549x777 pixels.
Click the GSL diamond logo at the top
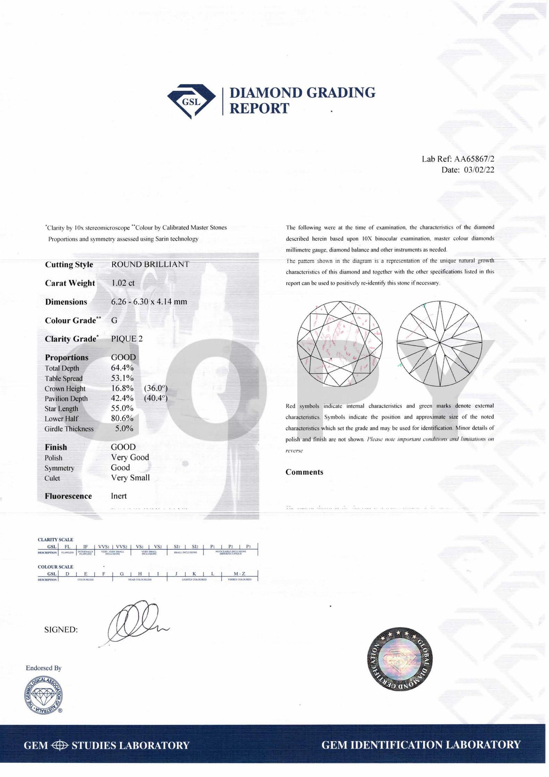191,101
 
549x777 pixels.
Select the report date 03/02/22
479,170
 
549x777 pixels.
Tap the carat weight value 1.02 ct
123,283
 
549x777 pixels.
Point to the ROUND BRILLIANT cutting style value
150,264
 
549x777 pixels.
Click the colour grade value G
114,320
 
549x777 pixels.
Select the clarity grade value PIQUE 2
127,339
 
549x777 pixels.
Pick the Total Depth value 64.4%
122,368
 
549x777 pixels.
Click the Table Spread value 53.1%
122,378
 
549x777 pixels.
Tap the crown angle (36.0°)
156,388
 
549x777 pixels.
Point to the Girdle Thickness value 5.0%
124,428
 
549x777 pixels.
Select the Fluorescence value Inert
119,496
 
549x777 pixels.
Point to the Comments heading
304,472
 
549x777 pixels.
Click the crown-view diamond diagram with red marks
340,344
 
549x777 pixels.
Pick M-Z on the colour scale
239,574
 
